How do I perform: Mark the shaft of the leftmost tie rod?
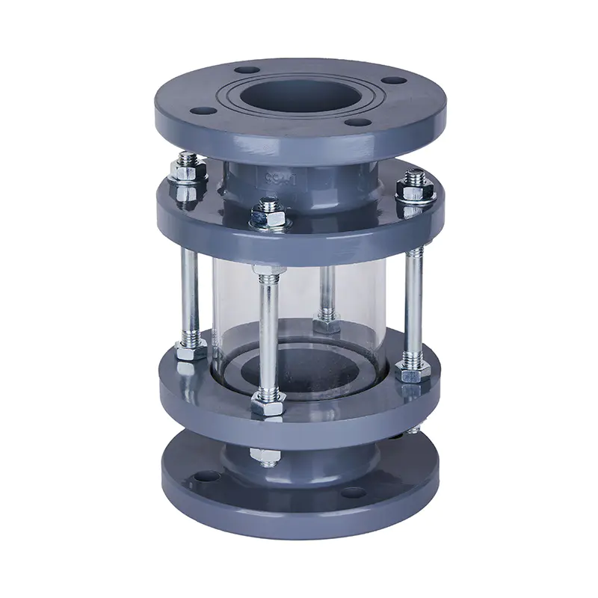click(x=188, y=292)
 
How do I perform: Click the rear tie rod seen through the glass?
click(x=327, y=292)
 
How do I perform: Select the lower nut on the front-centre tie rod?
click(x=267, y=404)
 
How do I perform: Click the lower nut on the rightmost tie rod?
click(x=412, y=374)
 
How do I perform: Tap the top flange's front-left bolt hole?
click(x=201, y=110)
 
